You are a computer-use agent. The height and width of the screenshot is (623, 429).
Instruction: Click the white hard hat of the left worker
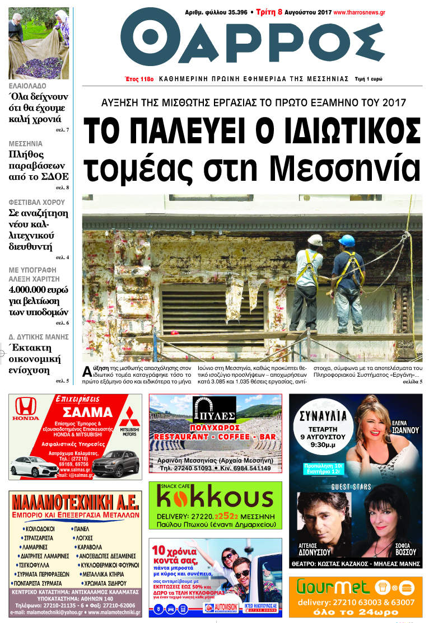[x=315, y=240]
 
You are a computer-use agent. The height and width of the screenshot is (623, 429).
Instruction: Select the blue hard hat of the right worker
[x=347, y=241]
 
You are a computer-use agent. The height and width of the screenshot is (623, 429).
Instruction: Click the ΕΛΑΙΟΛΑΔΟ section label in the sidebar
[x=28, y=86]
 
